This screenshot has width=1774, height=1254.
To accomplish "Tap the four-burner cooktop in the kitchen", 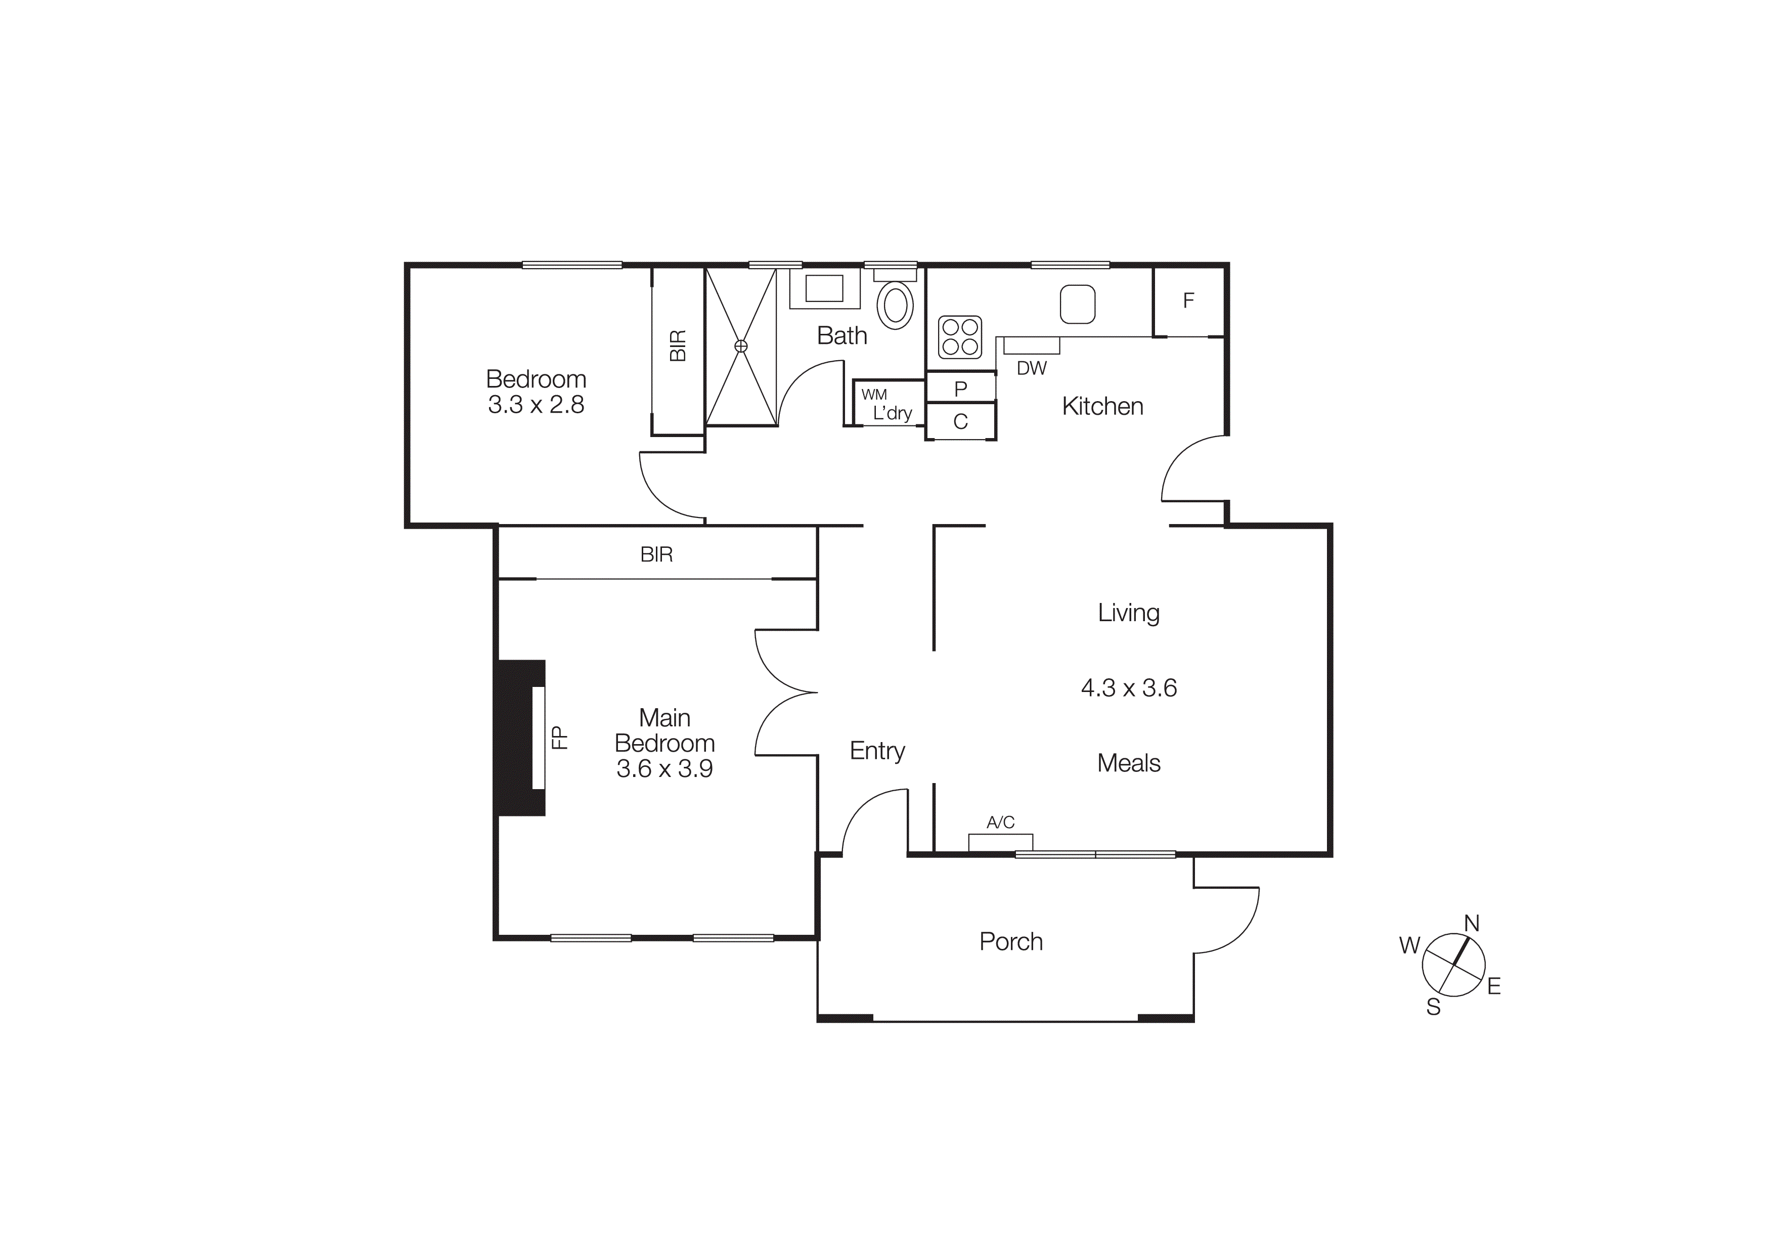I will point(960,337).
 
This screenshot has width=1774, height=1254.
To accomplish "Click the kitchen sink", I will point(1077,305).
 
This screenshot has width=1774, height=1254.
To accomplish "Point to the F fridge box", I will point(1188,300).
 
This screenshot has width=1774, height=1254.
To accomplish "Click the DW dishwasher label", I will point(1032,369).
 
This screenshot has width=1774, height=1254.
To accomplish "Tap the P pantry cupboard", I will point(960,388).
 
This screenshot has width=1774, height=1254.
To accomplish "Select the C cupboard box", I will point(960,422).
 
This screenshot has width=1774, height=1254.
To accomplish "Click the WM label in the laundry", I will point(874,395).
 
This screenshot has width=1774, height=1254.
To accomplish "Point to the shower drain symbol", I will point(741,346).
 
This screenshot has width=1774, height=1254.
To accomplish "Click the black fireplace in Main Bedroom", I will point(519,738).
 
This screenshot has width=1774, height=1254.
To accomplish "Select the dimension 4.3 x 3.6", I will point(1129,687).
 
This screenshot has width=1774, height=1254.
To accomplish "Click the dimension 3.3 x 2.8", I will point(536,405).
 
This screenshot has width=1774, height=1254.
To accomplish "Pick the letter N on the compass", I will point(1472,923).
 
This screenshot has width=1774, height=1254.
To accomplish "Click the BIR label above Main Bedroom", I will point(657,555).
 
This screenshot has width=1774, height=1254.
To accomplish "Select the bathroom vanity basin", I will point(824,289).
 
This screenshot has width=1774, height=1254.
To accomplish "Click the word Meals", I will point(1129,763).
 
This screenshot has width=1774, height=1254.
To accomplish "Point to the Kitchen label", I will point(1102,406).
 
